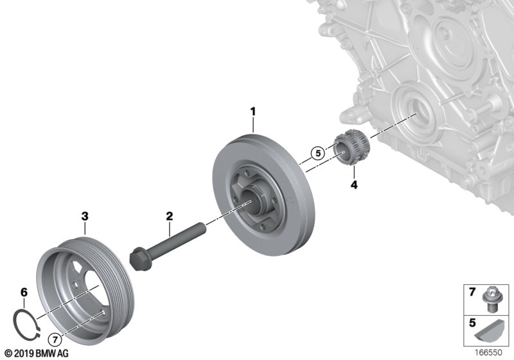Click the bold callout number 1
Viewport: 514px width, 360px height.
coord(253,112)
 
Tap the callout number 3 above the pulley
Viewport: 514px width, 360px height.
coord(84,217)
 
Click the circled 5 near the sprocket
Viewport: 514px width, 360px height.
coord(316,153)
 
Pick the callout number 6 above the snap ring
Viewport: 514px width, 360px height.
coord(24,292)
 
